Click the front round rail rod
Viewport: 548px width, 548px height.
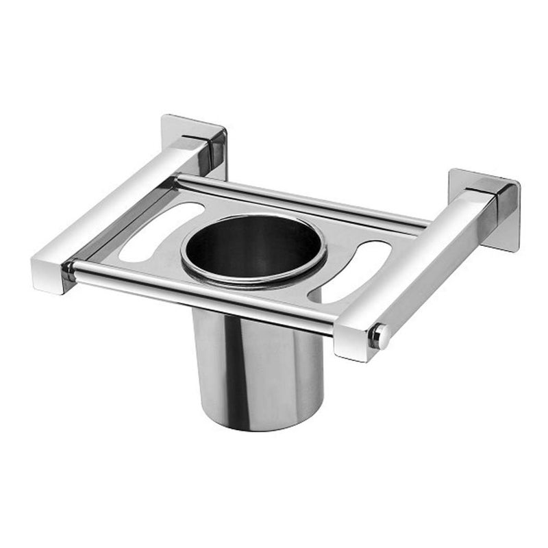click(206, 295)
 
